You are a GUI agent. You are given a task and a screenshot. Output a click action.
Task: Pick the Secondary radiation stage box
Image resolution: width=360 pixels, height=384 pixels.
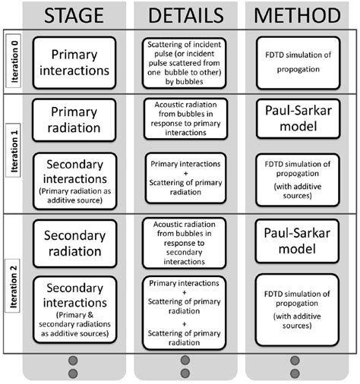tap(73, 241)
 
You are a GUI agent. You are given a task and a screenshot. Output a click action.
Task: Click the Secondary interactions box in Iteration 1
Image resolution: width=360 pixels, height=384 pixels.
tap(73, 179)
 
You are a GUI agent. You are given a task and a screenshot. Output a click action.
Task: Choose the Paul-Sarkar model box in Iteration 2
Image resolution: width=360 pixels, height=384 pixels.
tap(297, 241)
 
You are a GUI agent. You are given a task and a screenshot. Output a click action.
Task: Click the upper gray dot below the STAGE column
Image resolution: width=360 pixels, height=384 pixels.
tap(73, 360)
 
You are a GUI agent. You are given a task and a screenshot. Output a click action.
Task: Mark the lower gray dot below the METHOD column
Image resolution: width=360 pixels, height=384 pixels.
tap(297, 373)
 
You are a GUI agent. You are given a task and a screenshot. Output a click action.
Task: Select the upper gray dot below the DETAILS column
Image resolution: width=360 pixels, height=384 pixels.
tap(185, 360)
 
